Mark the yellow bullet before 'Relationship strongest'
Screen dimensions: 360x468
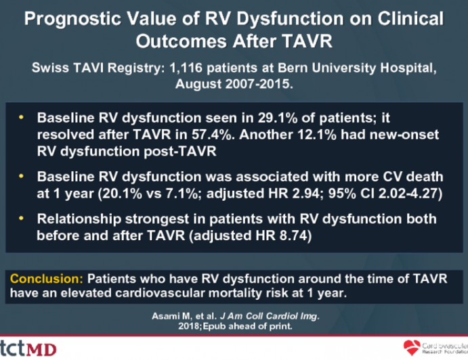pos(22,219)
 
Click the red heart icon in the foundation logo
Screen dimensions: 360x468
pos(410,347)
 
